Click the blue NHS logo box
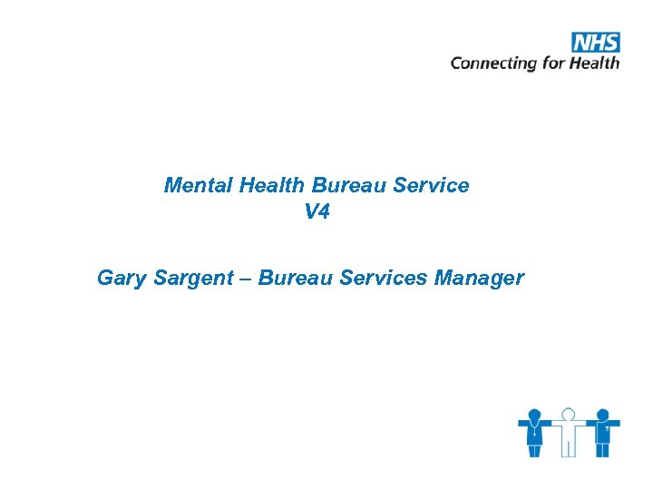[x=595, y=42]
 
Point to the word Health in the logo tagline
[x=595, y=63]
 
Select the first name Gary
[x=120, y=278]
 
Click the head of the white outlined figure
[x=568, y=414]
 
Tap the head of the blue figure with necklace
[x=535, y=414]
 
